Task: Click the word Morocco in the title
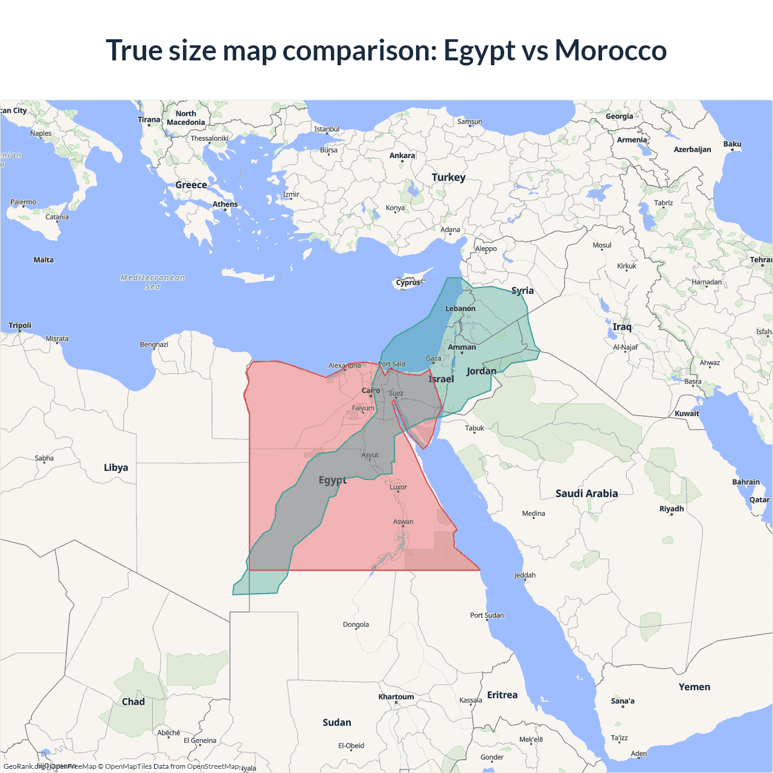[611, 51]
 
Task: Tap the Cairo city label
[371, 391]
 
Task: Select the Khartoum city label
[396, 697]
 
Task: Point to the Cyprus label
[408, 283]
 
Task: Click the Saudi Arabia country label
[586, 493]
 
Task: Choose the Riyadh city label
[672, 509]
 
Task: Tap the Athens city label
[225, 204]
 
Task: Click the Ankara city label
[402, 156]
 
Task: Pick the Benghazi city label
[154, 344]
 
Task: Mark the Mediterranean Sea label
[153, 282]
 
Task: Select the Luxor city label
[398, 487]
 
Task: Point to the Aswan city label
[403, 522]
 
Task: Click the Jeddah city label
[525, 576]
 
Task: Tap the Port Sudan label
[487, 615]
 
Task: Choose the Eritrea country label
[502, 695]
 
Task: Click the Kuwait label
[687, 414]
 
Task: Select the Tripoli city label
[20, 326]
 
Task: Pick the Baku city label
[732, 144]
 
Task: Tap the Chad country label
[133, 702]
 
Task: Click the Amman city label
[462, 347]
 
